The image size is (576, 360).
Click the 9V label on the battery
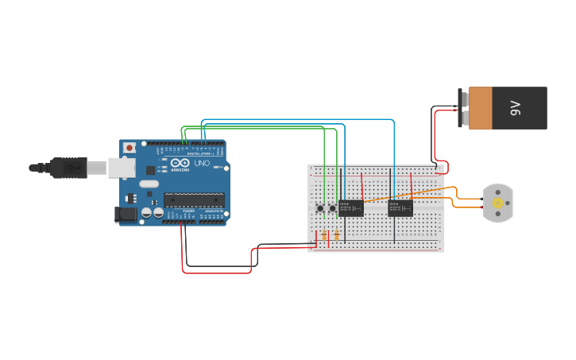coord(515,108)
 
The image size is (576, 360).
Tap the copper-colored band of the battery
coord(481,108)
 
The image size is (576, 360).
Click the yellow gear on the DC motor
coord(498,203)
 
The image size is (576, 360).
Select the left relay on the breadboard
coord(350,208)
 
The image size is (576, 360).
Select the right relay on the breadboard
coord(400,208)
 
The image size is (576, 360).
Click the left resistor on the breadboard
coord(323,234)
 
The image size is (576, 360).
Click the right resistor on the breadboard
coord(337,234)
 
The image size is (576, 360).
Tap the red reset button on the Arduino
coord(130,148)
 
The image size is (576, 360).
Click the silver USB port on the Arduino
coord(121,167)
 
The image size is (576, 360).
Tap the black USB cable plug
coord(68,167)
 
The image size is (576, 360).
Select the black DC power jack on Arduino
coord(125,213)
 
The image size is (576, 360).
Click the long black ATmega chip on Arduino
coord(194,200)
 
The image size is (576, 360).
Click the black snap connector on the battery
coord(463,108)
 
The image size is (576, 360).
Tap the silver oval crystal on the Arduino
coord(149,184)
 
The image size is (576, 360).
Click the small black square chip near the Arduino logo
coord(150,169)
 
